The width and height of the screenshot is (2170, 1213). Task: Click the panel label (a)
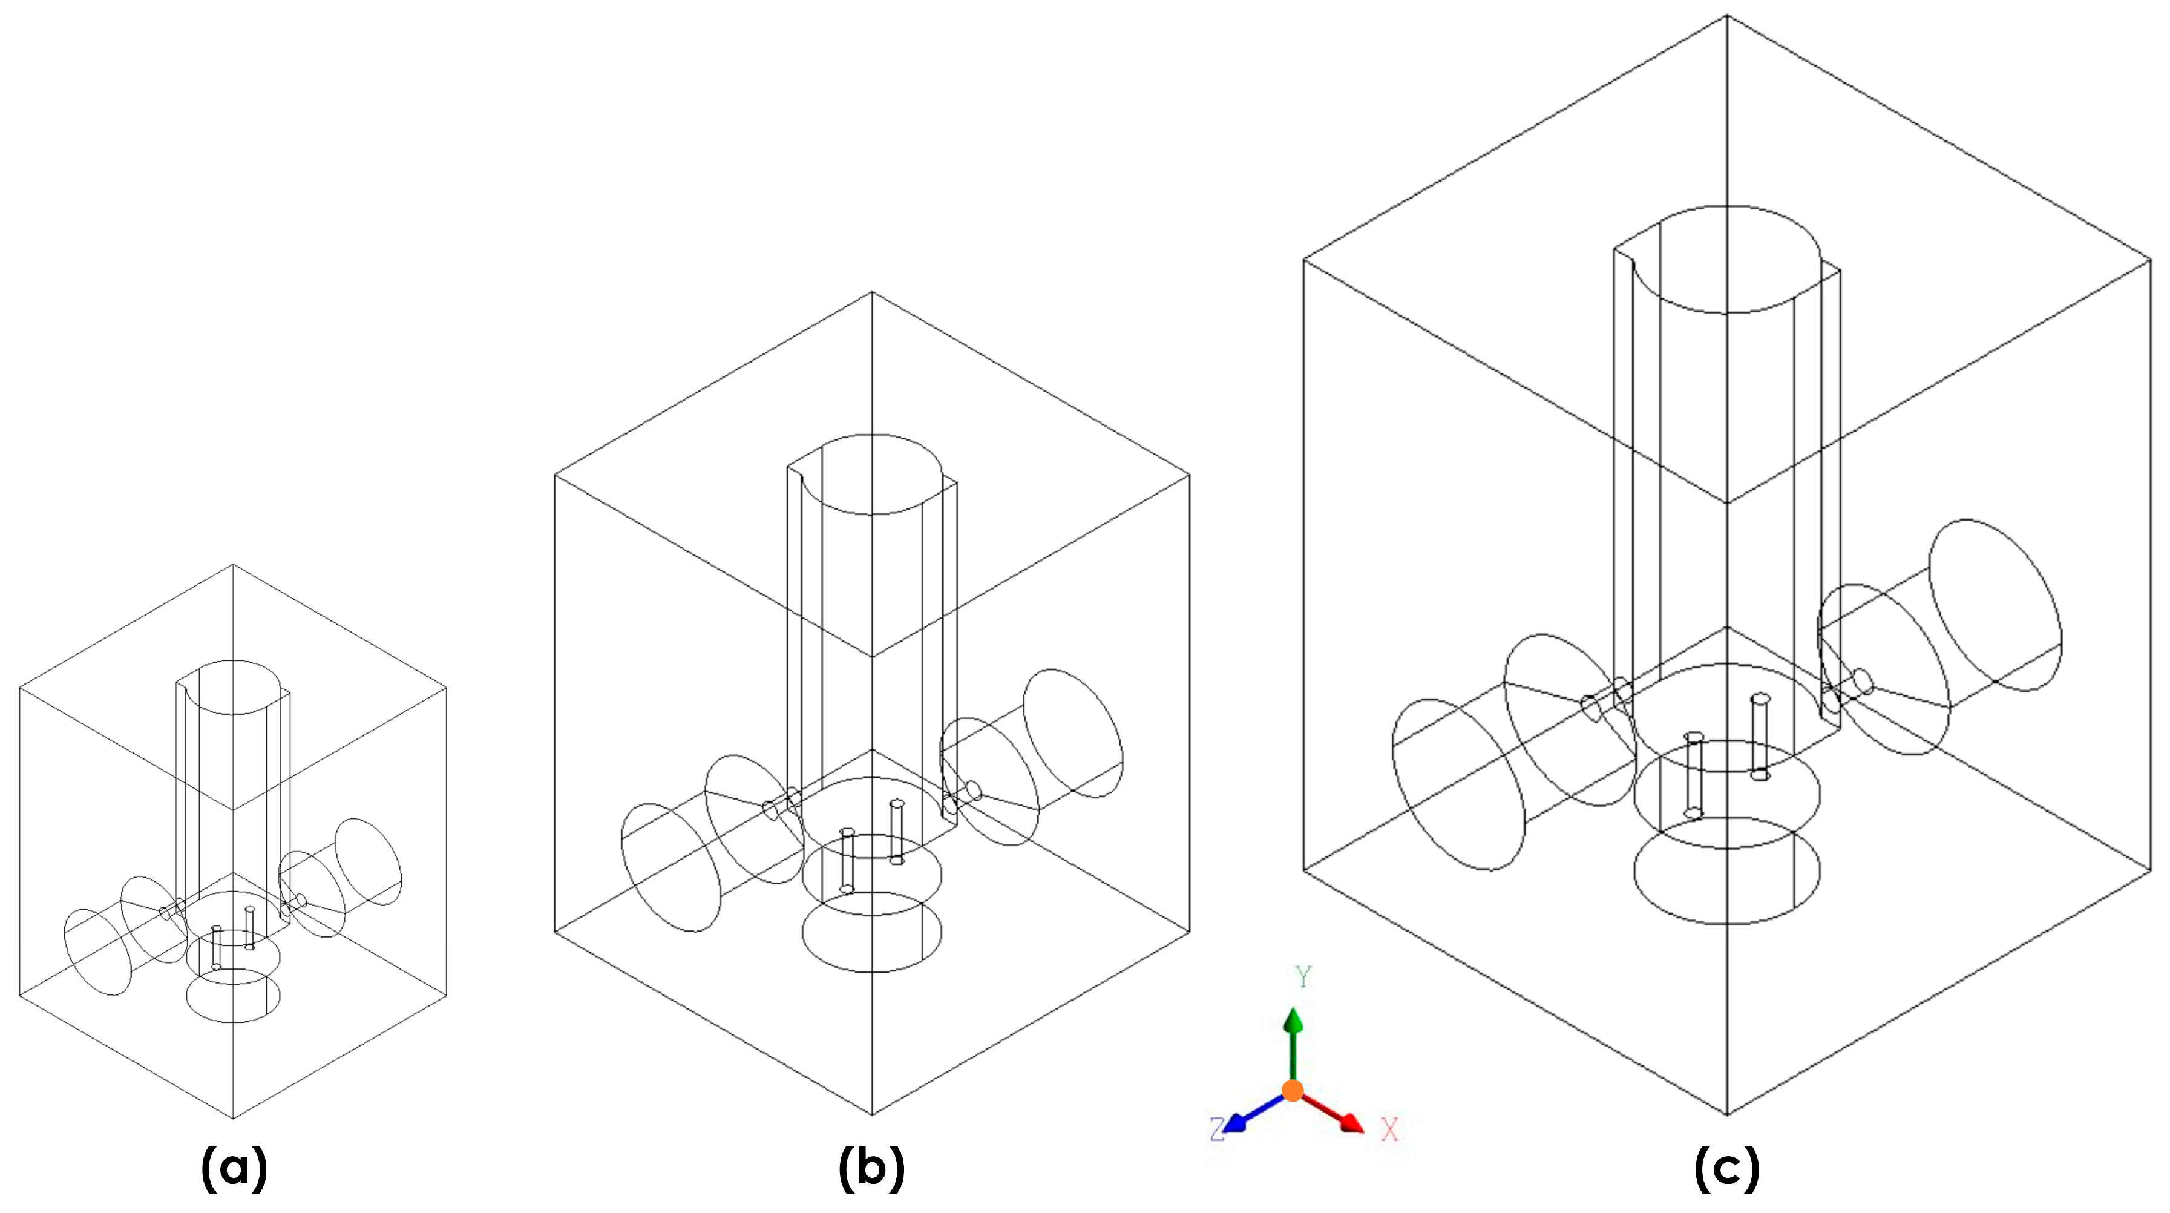(x=234, y=1168)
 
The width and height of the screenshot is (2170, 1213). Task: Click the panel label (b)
(x=872, y=1168)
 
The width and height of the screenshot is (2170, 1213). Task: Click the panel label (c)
(x=1727, y=1168)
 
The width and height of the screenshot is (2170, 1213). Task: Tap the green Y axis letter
(x=1303, y=977)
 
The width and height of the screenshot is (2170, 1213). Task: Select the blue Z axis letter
(x=1216, y=1129)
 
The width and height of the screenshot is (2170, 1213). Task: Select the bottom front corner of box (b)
(x=872, y=1114)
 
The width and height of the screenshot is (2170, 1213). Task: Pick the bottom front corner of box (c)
(x=1727, y=1114)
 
